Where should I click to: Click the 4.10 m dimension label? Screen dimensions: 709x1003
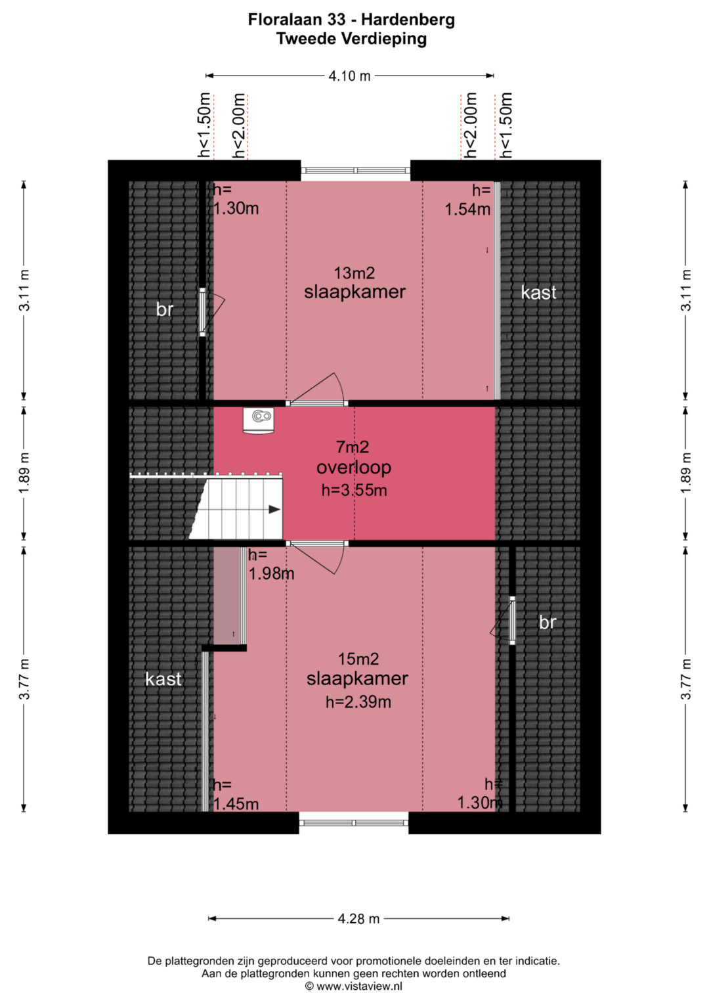(349, 76)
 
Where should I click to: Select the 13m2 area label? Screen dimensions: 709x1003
(354, 273)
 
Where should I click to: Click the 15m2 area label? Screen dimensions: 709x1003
(358, 659)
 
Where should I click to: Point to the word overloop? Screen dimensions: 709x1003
(354, 468)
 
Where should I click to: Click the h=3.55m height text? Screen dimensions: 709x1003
(354, 490)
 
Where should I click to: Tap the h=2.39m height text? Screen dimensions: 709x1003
(358, 702)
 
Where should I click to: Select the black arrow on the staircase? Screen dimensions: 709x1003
(274, 509)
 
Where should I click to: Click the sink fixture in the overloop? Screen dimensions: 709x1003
(259, 421)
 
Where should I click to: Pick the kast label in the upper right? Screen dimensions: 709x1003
(538, 292)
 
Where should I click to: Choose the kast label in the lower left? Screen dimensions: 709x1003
(163, 679)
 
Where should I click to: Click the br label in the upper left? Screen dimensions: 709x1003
(164, 309)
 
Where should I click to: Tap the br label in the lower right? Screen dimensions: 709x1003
(548, 622)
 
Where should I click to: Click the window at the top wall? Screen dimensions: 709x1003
(355, 171)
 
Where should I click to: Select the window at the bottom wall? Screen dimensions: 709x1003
(354, 822)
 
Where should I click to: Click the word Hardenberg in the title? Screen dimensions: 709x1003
(408, 20)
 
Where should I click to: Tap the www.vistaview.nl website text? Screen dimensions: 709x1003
(360, 985)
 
